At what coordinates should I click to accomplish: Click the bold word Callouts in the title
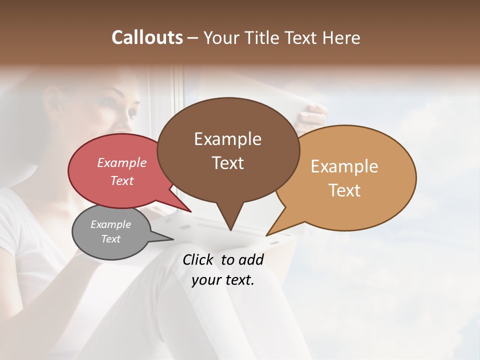coord(147,37)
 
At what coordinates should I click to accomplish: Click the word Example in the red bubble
coord(121,162)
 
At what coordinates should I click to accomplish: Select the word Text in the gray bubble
coord(110,239)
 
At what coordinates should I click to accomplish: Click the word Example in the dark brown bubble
coord(227,139)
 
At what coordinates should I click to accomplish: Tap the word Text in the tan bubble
coord(345,190)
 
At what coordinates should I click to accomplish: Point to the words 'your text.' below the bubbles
coord(223,280)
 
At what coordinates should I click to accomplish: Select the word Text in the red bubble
coord(121,180)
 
